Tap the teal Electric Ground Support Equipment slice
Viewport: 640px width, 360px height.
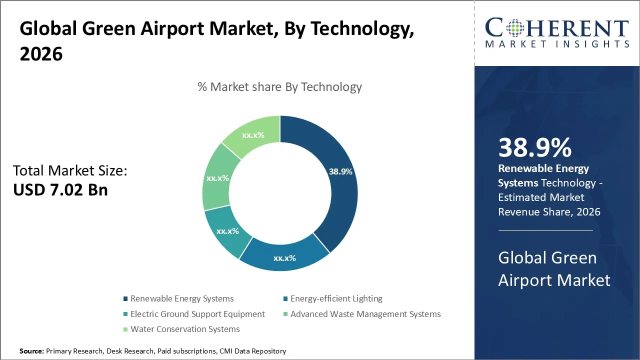[227, 231]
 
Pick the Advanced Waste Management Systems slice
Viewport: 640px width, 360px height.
[217, 178]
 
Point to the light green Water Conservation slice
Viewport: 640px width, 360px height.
[253, 135]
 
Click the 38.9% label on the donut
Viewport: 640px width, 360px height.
[340, 171]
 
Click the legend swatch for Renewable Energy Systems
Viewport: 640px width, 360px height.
[125, 299]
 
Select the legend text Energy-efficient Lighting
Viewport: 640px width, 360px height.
[336, 299]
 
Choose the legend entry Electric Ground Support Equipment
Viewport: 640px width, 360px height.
[197, 314]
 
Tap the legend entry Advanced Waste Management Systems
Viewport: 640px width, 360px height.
[365, 314]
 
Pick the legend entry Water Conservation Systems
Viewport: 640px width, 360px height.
[185, 329]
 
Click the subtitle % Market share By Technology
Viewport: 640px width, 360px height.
[279, 87]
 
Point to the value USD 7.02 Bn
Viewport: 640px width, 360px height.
[60, 189]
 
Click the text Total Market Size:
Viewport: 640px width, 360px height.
[70, 171]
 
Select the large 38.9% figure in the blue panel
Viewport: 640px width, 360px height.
[534, 148]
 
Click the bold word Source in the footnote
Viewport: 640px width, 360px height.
[31, 351]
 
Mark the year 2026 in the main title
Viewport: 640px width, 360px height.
[41, 54]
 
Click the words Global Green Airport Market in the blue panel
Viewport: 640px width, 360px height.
[554, 268]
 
